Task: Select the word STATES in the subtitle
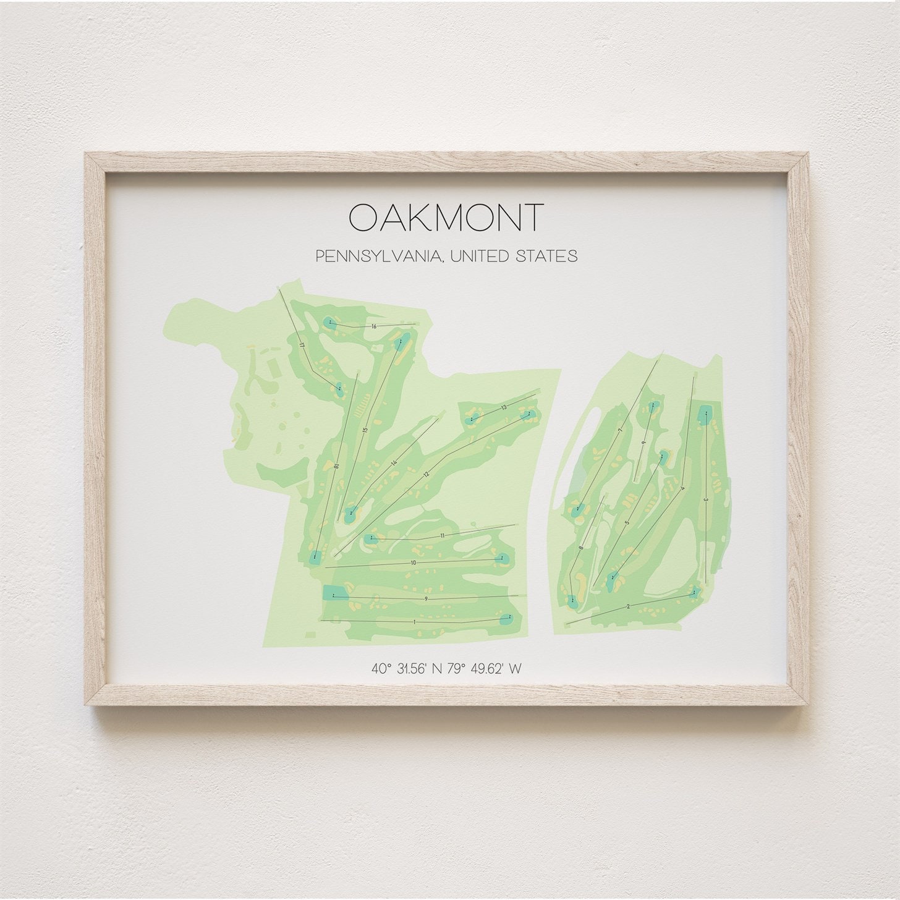tap(546, 256)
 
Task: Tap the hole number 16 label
tap(374, 326)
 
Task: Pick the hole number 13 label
tap(504, 407)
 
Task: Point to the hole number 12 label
tap(426, 474)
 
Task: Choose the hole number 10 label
tap(413, 562)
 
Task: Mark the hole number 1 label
tap(415, 621)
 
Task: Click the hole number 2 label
tap(629, 606)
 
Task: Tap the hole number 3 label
tap(705, 499)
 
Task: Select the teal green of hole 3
tap(703, 415)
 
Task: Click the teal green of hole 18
tap(315, 557)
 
